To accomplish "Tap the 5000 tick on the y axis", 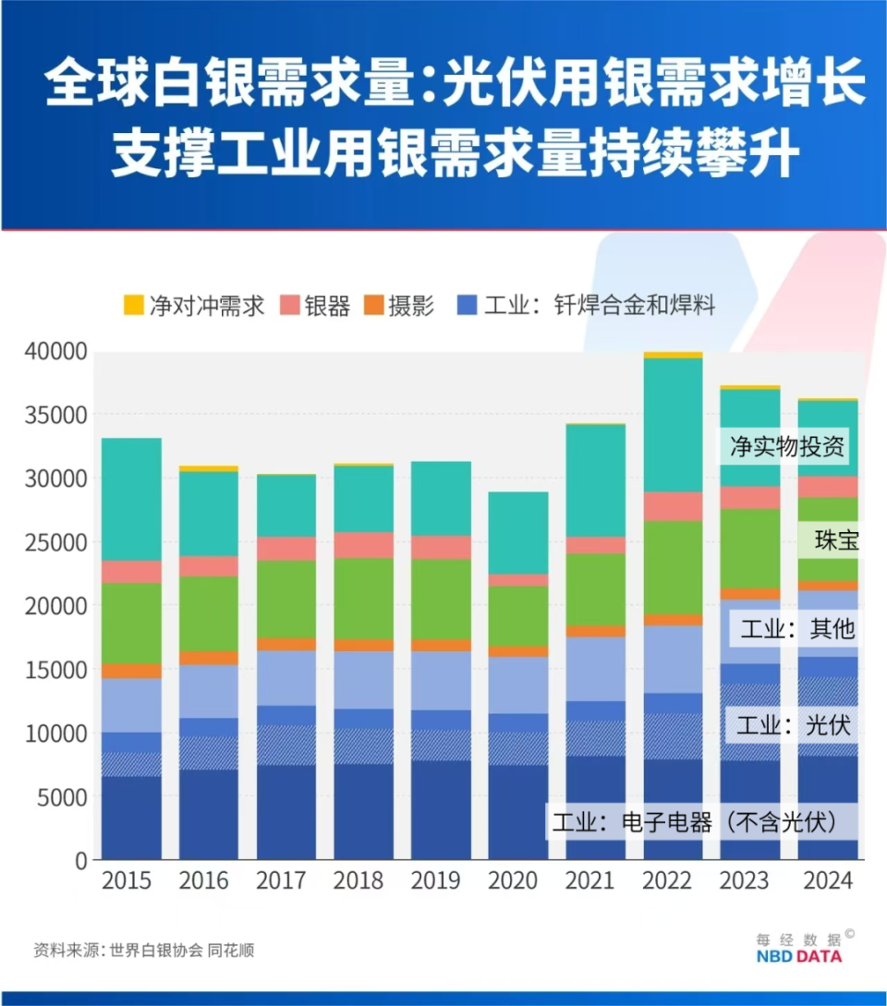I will coord(62,796).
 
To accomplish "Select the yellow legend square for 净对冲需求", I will coord(134,304).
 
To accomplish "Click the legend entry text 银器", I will coord(327,306).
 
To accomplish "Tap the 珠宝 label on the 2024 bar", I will coord(837,540).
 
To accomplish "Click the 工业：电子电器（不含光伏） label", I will coord(694,821).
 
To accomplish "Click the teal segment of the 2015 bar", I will coord(131,499).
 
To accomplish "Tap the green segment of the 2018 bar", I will coord(363,598).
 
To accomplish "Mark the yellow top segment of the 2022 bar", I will coord(673,355).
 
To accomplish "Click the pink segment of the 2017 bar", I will coord(286,549).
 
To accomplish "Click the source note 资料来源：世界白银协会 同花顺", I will coord(143,950).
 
